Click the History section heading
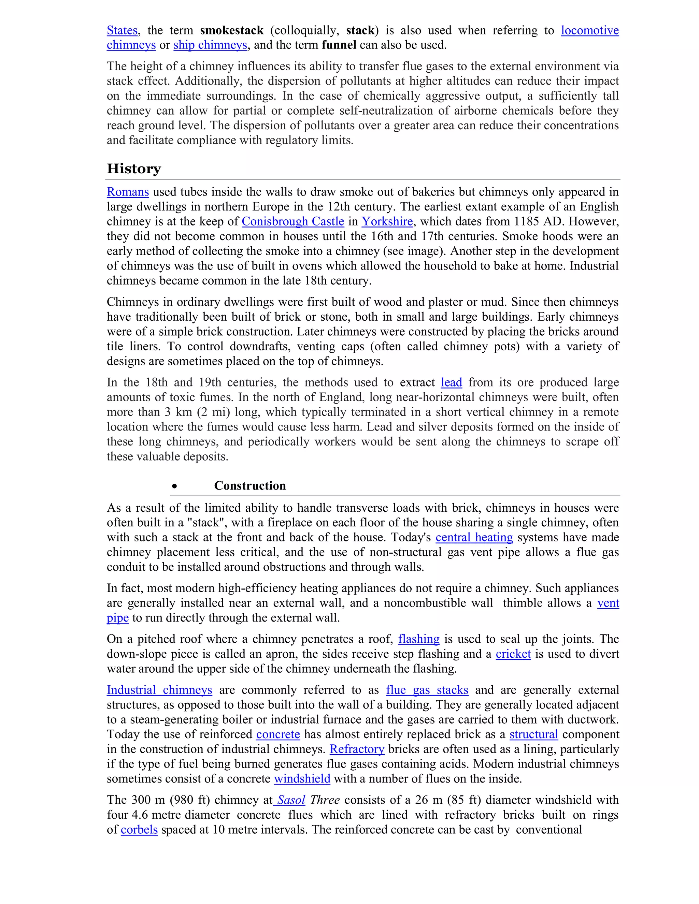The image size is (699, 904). point(134,169)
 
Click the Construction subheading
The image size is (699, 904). point(250,485)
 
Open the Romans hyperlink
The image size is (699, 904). point(128,192)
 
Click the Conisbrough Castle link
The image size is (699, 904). point(293,221)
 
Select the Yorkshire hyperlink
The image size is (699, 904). point(387,221)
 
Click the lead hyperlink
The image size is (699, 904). point(451,382)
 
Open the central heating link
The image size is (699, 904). point(474,537)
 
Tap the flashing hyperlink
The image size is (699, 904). point(419,639)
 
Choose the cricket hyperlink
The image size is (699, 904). point(513,654)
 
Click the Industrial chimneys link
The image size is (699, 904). point(159,690)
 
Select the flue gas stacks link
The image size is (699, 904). point(427,690)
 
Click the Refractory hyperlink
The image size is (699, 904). point(357,749)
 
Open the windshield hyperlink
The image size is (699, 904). point(302,779)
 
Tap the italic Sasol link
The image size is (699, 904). point(291,800)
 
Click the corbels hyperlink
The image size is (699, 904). point(139,830)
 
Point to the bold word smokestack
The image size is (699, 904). point(231,31)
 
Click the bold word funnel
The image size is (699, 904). point(339,45)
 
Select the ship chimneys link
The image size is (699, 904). point(210,45)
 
